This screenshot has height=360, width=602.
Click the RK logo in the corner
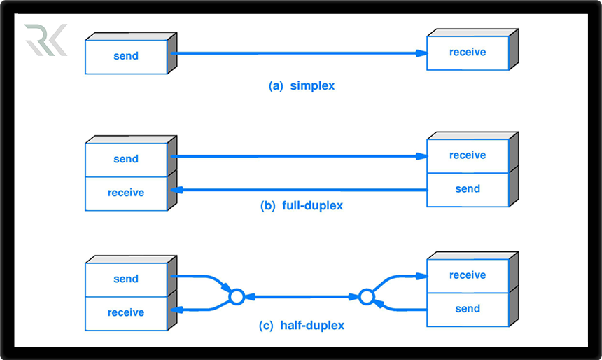45,40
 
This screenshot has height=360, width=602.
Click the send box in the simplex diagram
126,56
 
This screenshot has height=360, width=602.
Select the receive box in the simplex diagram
468,53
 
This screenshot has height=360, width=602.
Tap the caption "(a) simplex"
302,86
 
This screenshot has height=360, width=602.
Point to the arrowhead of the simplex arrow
421,53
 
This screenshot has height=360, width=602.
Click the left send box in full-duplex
126,159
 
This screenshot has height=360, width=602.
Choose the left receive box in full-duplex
126,193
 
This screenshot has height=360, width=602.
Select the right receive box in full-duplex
468,155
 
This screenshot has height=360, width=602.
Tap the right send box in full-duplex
468,189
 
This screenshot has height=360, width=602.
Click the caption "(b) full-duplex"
302,206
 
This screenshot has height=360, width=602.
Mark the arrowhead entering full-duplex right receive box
421,156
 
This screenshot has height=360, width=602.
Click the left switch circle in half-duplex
237,297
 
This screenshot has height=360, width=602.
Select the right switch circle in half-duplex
366,297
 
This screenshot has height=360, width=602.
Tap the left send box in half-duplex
126,279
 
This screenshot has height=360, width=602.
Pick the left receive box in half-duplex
126,312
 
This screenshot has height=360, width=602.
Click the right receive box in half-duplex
468,275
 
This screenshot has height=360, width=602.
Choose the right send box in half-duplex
468,309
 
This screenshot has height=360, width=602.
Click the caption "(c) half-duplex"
302,326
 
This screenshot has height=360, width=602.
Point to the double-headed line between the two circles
301,297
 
